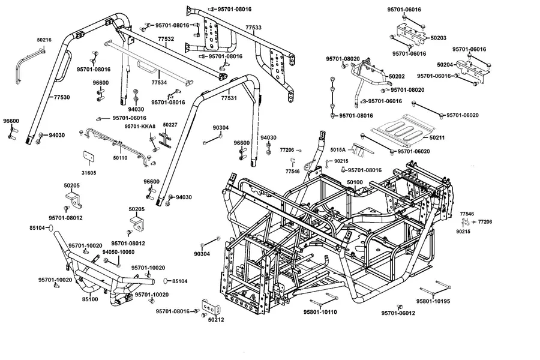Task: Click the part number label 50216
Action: coord(44,40)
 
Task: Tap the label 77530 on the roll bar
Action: coord(62,97)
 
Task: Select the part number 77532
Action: coord(166,39)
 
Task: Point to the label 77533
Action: coord(253,27)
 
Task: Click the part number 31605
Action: coord(89,173)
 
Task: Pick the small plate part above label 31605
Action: coord(89,157)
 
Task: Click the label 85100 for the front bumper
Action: coord(90,299)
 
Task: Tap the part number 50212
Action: coord(216,320)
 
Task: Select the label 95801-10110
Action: coord(320,312)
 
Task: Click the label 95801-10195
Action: coord(433,301)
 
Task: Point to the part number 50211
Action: coord(437,137)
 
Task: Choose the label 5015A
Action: coord(337,150)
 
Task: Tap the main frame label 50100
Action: coord(355,182)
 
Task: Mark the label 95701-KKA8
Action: coord(140,127)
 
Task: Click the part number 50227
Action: coord(170,125)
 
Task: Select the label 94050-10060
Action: coord(118,252)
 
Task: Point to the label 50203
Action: coord(439,38)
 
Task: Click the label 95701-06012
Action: coord(398,313)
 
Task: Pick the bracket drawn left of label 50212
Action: coord(211,307)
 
